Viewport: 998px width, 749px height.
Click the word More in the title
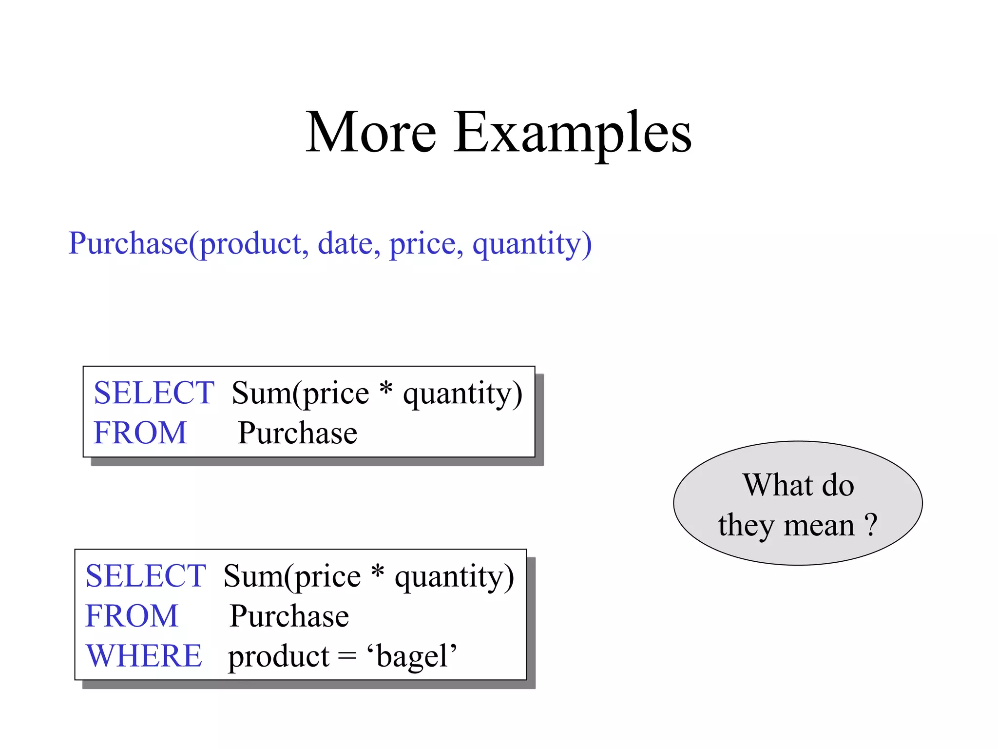tap(371, 133)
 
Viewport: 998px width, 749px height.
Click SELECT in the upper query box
tap(154, 393)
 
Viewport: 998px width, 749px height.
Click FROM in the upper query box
tap(140, 433)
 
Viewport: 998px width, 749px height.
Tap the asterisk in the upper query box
tap(385, 389)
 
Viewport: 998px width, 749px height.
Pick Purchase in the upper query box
tap(297, 433)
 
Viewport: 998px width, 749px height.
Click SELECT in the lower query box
tap(145, 576)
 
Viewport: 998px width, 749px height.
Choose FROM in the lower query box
tap(132, 616)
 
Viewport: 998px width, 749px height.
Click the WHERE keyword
tap(144, 656)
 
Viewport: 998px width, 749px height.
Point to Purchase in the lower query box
tap(289, 616)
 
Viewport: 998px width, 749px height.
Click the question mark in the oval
tap(871, 526)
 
